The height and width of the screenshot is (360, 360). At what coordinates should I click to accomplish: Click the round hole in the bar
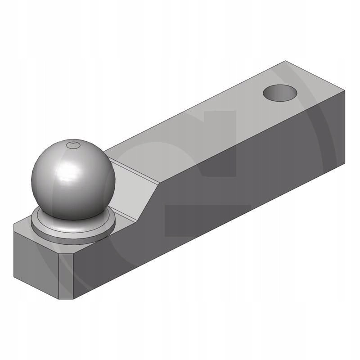(280, 93)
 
